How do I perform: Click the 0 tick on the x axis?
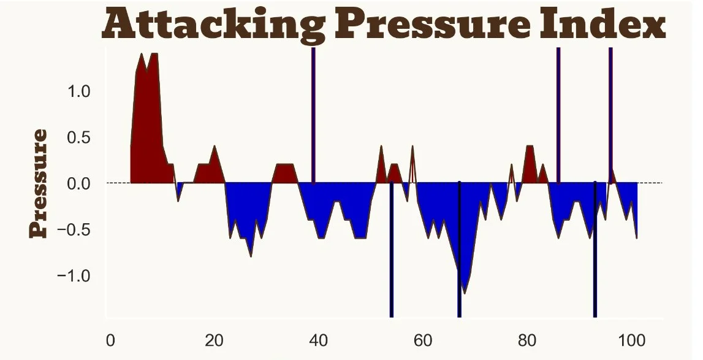(110, 340)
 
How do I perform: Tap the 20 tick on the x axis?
(215, 340)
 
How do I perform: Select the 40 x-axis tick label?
(319, 340)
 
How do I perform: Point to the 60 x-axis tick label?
(423, 340)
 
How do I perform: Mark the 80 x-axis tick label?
(527, 340)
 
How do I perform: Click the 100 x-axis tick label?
(631, 340)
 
